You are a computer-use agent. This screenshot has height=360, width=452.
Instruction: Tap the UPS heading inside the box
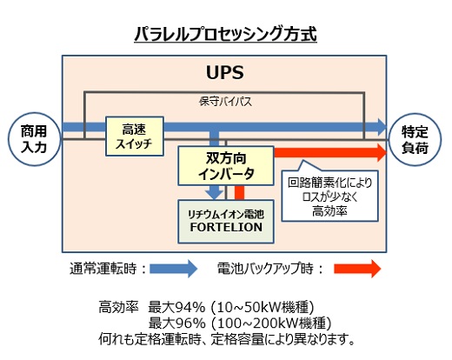225,72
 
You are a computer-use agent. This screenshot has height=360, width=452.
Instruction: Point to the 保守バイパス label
225,102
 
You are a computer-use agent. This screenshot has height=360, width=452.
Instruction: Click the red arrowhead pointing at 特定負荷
378,154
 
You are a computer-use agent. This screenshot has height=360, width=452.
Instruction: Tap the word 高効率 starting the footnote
116,306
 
